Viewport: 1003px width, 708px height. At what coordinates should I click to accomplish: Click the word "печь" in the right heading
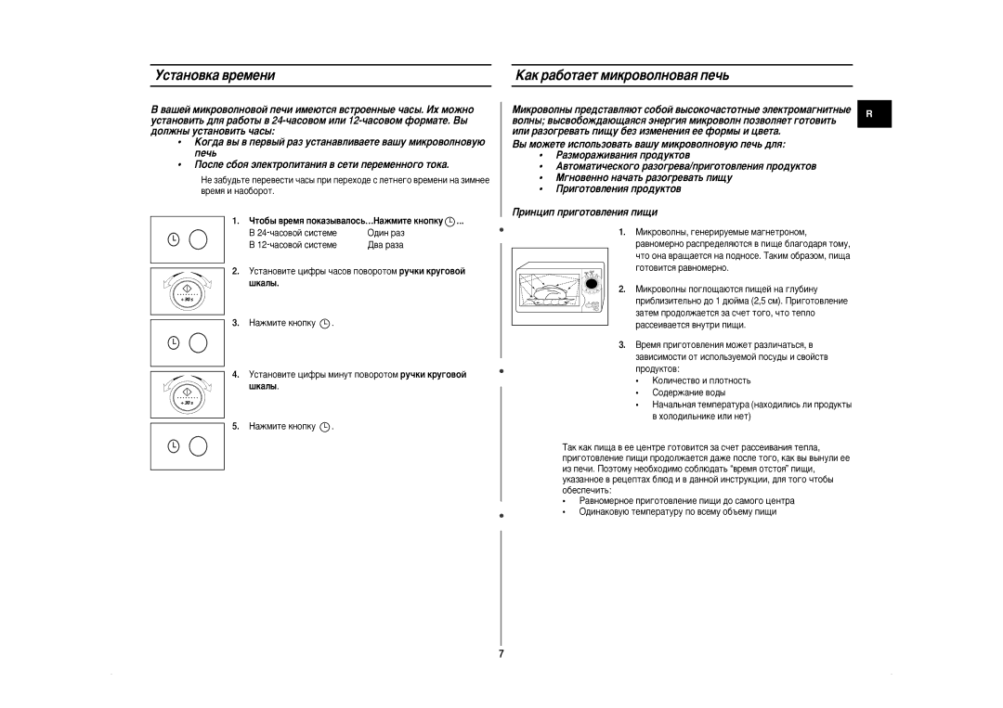[713, 74]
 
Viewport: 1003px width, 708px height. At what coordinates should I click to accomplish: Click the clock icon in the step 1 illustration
[174, 239]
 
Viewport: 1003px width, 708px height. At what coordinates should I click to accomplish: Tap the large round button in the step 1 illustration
[198, 239]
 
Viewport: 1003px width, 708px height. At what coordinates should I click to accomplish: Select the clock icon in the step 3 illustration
[174, 343]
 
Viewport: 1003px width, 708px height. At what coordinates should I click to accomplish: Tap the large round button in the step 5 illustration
[198, 446]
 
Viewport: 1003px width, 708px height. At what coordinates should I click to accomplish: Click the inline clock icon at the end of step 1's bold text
[449, 221]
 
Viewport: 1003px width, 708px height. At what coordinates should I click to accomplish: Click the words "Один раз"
[385, 233]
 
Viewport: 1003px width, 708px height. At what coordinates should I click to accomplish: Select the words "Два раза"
[385, 245]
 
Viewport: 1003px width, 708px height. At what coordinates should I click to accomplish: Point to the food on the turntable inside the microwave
[549, 293]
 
